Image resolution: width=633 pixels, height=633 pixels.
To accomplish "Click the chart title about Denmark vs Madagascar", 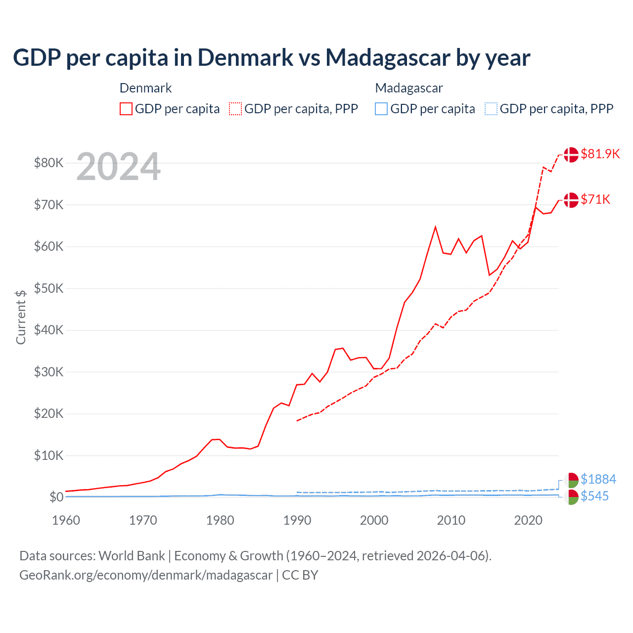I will click(x=271, y=57).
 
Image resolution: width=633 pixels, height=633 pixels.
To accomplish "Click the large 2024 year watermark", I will click(x=118, y=167).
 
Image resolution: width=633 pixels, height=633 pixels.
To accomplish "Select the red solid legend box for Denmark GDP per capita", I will click(x=126, y=109).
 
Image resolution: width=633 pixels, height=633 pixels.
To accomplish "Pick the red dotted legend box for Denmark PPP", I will click(x=235, y=109).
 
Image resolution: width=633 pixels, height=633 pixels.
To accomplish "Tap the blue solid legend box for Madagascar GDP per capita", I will click(x=381, y=109).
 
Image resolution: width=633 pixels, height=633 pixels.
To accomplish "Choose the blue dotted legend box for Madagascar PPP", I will click(x=491, y=109).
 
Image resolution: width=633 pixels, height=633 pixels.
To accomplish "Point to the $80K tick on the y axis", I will click(x=48, y=163).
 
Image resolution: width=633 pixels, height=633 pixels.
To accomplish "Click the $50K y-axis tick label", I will click(x=48, y=288).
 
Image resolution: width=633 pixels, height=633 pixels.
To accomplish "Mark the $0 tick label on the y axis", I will click(x=56, y=497).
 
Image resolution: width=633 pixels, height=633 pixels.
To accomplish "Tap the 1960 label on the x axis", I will click(x=66, y=520).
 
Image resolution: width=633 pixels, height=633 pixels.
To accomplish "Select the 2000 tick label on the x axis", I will click(x=374, y=520).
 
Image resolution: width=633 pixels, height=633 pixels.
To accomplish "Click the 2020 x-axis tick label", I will click(x=528, y=520).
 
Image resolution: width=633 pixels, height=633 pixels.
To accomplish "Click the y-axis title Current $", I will click(x=21, y=317).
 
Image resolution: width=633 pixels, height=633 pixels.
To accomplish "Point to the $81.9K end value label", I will click(x=600, y=154).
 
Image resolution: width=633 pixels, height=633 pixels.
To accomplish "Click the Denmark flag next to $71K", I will click(x=571, y=200).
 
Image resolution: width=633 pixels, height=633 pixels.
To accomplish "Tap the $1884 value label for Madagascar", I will click(x=598, y=479).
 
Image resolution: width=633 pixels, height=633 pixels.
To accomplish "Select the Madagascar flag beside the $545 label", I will click(x=571, y=497).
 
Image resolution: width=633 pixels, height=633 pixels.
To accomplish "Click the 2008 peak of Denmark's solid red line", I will click(x=435, y=227).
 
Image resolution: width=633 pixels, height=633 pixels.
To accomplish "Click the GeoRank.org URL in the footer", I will click(x=146, y=575).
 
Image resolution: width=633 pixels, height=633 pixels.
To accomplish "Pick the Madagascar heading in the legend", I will click(x=408, y=88).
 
